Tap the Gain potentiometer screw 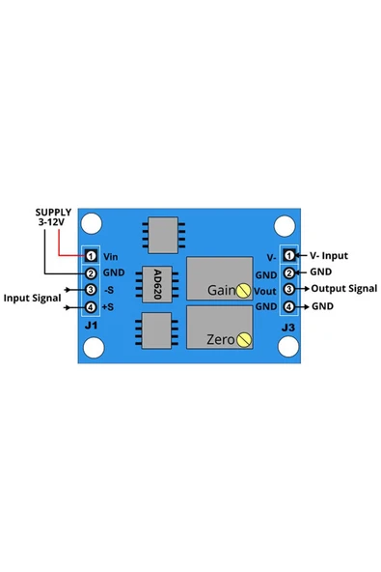pos(245,291)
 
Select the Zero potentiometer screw pos(245,338)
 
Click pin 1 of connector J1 pos(91,256)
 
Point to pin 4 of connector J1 pos(91,307)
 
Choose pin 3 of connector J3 pos(288,289)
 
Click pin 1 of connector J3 pos(288,256)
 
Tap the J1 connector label pos(91,327)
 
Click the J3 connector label pos(288,328)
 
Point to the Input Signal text pos(32,299)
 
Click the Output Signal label pos(343,289)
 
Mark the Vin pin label pos(110,256)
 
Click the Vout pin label pos(266,290)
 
